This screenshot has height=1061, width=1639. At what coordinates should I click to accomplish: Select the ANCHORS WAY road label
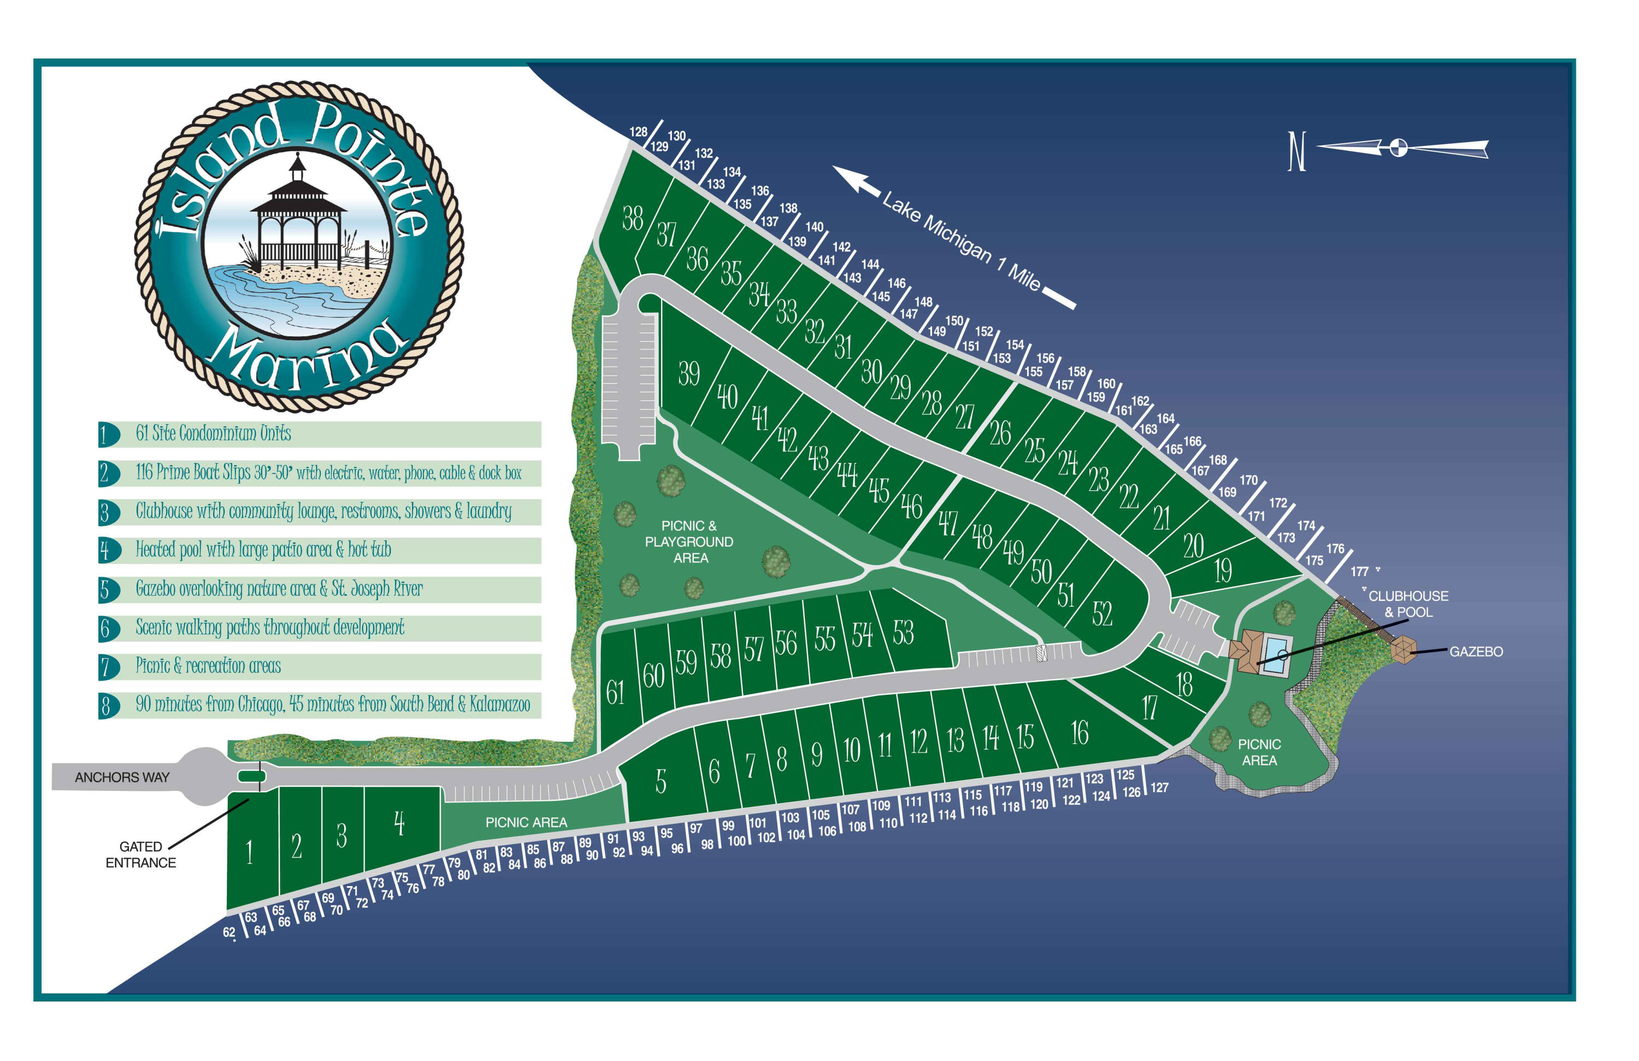point(122,777)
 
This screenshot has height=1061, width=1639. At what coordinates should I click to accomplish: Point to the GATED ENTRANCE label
point(140,854)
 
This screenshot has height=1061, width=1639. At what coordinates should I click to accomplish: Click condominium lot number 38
point(632,219)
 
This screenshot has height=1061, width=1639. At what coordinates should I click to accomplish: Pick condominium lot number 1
point(249,852)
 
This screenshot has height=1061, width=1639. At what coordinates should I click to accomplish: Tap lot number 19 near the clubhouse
point(1222,571)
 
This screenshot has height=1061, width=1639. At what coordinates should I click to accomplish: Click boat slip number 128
point(638,132)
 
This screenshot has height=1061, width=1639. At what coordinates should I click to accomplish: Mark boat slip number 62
point(228,932)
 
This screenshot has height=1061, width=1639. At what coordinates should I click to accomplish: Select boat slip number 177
point(1359,571)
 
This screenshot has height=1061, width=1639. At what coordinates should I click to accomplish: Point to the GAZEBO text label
point(1476,652)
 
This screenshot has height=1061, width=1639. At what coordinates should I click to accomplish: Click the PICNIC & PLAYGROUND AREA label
point(689,542)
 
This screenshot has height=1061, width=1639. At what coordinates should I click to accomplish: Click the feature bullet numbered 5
point(105,590)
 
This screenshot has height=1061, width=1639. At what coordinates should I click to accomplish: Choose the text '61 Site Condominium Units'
point(214,433)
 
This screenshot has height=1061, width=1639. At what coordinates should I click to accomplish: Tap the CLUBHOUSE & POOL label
point(1407,603)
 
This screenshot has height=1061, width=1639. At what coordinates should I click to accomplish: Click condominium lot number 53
point(903,632)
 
